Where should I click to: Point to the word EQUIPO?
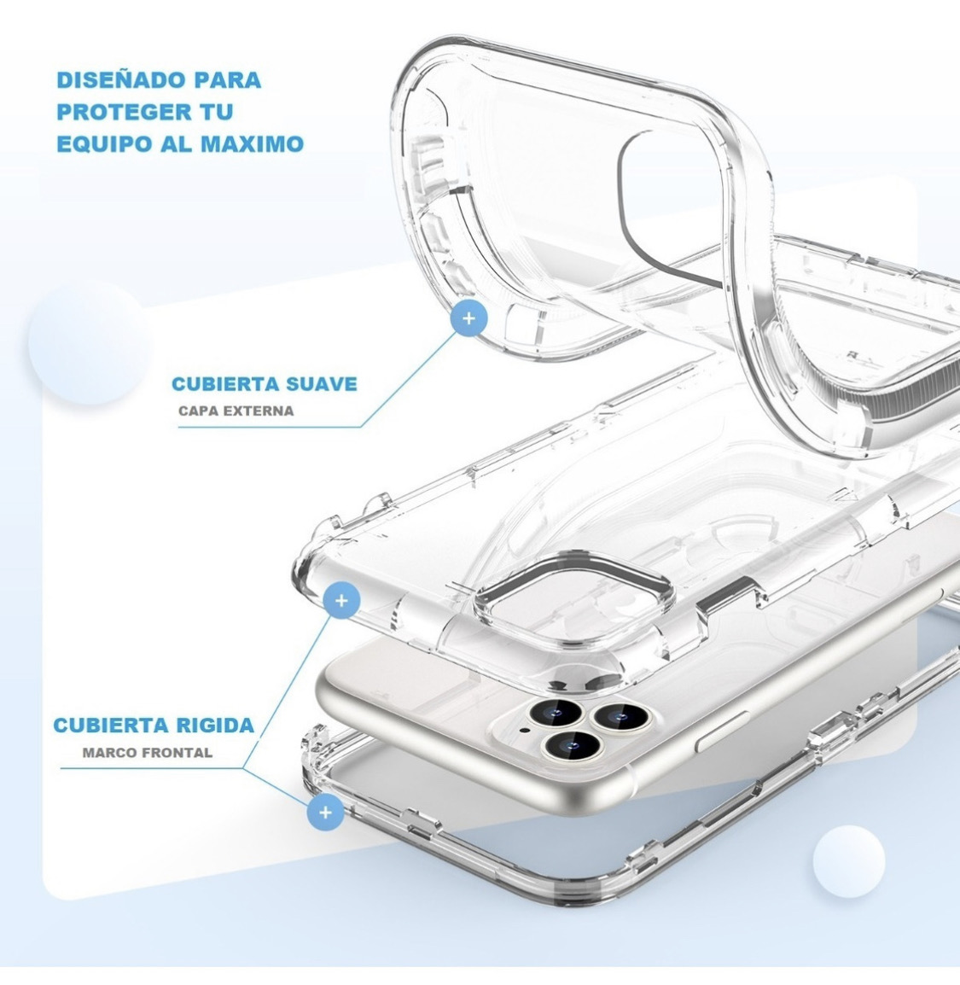pyautogui.click(x=100, y=143)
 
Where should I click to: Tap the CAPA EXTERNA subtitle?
pyautogui.click(x=236, y=411)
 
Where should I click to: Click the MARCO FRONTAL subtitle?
pyautogui.click(x=148, y=753)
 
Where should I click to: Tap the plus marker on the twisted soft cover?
pyautogui.click(x=468, y=318)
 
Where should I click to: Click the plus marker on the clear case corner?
pyautogui.click(x=341, y=601)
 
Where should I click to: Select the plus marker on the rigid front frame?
pyautogui.click(x=324, y=811)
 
